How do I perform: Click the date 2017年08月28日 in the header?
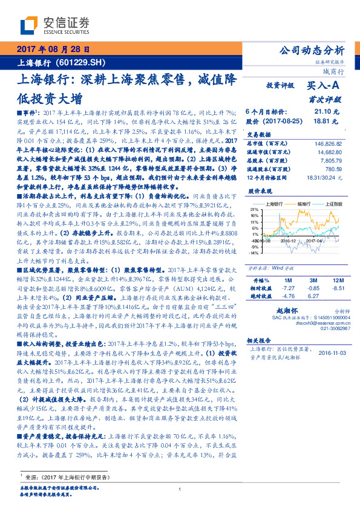coord(55,49)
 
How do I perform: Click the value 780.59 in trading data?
coord(335,169)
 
